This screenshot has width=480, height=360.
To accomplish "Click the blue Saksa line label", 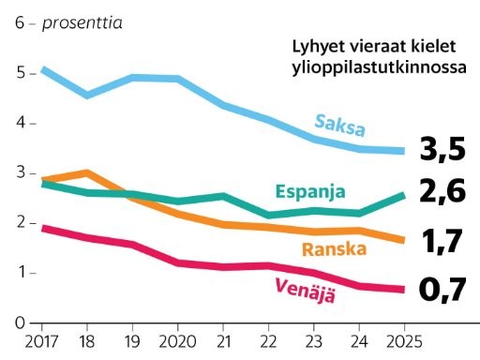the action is pos(339,125).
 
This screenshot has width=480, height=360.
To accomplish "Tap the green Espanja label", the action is pos(310,191).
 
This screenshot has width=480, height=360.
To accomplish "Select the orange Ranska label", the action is pos(335,249).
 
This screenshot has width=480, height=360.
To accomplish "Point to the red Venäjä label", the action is pos(305,291).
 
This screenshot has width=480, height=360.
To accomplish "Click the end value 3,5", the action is pos(442,150).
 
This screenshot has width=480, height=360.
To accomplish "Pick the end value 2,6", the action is pos(442,191).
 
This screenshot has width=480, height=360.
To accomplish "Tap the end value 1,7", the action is pos(442,241).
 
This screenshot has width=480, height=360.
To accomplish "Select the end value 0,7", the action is pos(442,290).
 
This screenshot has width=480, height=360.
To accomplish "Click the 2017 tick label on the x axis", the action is pos(41,341).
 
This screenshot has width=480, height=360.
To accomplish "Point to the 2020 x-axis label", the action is pos(177,341).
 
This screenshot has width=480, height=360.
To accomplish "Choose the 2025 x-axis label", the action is pos(404,341).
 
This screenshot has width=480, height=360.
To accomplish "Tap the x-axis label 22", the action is pos(268,341).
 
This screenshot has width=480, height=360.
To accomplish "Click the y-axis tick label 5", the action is pos(21,73).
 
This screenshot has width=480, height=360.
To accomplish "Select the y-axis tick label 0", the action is pos(20,322).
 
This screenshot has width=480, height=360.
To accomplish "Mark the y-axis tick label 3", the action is pos(21,172).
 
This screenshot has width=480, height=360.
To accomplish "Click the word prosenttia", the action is pos(82,23).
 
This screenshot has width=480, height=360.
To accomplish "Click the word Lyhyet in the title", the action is pos(318,48).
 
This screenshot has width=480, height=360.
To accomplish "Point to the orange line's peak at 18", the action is pos(87,172).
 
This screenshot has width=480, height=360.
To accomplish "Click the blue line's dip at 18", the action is pos(87,95).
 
